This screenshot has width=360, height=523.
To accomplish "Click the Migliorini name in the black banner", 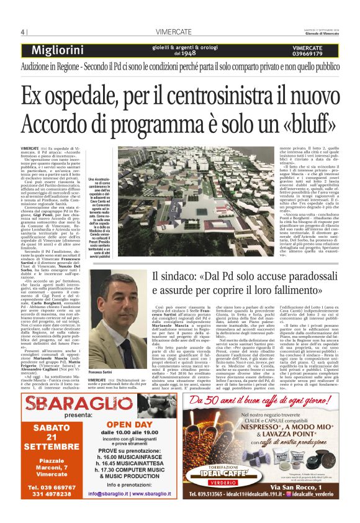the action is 61,50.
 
